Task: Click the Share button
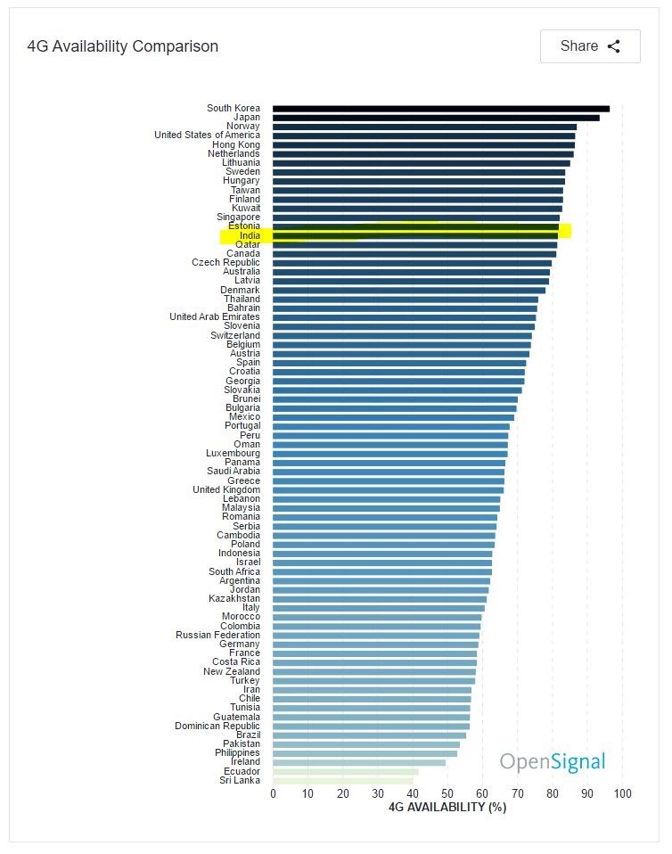[x=589, y=46]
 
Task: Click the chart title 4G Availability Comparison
[x=123, y=46]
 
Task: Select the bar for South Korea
[x=440, y=109]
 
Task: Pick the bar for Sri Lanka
[x=342, y=780]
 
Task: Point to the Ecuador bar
[x=345, y=771]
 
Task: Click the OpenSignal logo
[x=552, y=761]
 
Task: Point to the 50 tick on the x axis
[x=447, y=793]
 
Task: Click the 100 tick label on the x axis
[x=622, y=793]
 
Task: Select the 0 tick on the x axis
[x=274, y=793]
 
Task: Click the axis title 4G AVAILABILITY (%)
[x=447, y=807]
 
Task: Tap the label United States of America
[x=207, y=135]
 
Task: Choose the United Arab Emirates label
[x=215, y=316]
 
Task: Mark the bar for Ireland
[x=358, y=762]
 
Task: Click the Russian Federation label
[x=217, y=635]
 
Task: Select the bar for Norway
[x=424, y=127]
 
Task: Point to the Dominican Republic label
[x=217, y=726]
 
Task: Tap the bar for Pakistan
[x=365, y=744]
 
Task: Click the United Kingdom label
[x=226, y=489]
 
